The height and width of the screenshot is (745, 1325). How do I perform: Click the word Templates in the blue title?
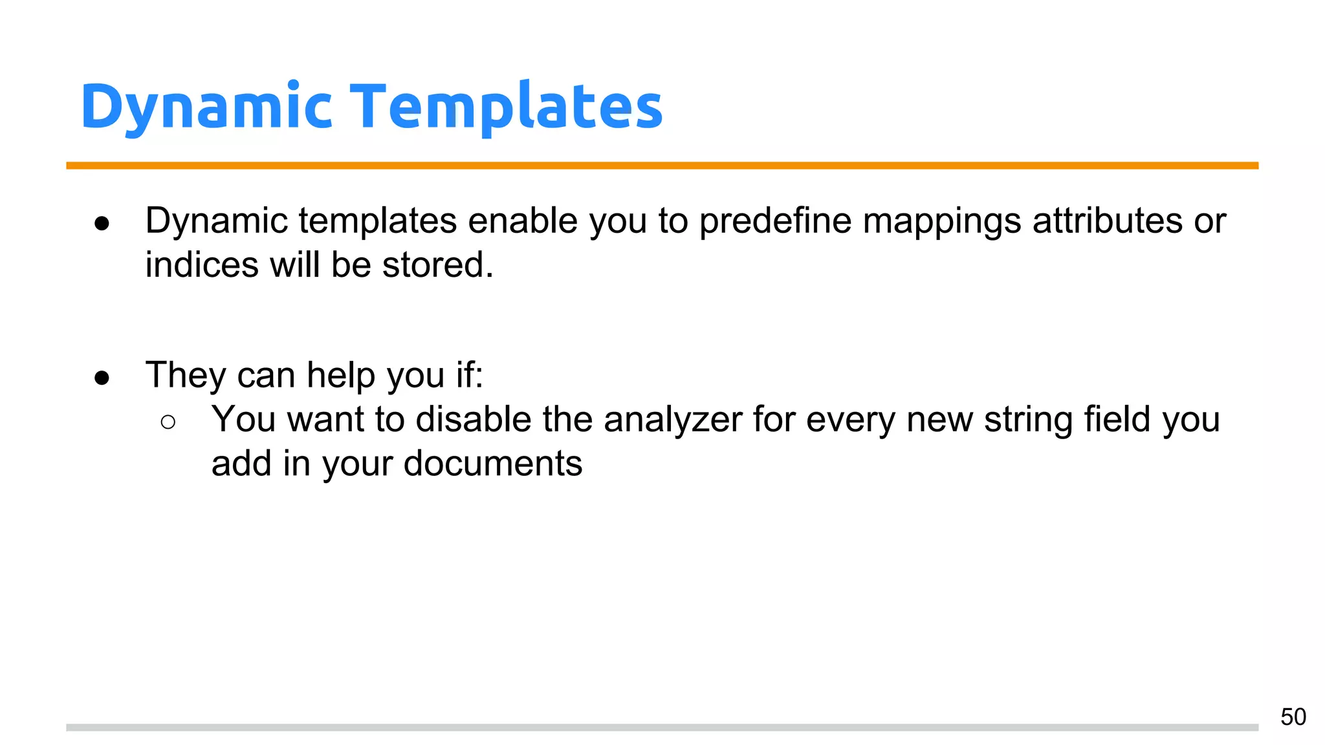pos(507,106)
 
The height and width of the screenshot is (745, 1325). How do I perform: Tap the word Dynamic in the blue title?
pos(206,107)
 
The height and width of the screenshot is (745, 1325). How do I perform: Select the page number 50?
pos(1293,717)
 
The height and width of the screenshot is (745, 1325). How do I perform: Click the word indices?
pos(201,265)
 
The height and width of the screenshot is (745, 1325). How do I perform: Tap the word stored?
pos(437,265)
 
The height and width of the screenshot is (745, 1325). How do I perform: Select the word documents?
pos(492,464)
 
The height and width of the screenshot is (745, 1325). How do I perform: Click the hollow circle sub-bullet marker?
pos(168,422)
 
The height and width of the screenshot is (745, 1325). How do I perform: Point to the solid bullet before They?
pos(102,378)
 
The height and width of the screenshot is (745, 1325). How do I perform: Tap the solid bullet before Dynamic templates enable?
pos(102,224)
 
